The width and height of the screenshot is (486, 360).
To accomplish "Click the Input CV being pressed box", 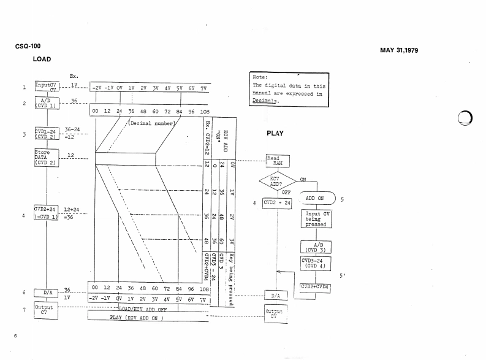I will (x=315, y=220).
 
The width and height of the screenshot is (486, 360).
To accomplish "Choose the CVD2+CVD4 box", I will (x=316, y=286).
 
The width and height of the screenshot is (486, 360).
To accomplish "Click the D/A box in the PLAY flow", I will (x=276, y=296).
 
